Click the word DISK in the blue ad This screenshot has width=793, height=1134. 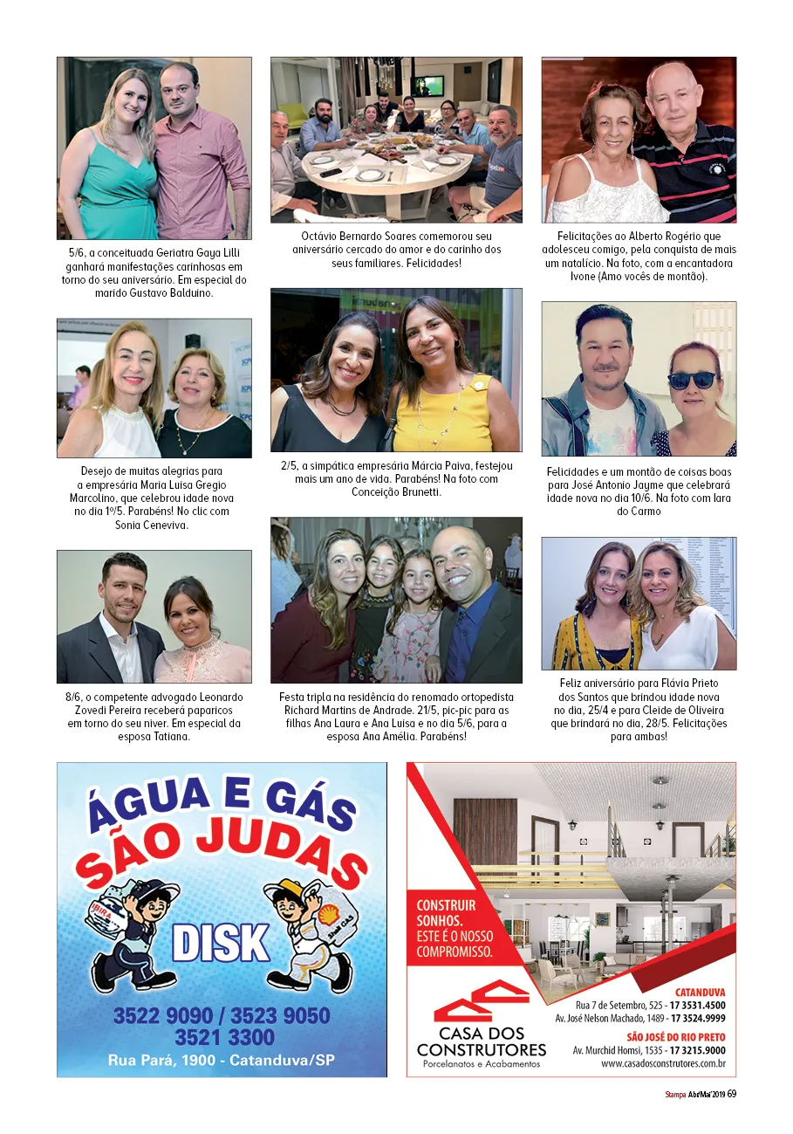(221, 942)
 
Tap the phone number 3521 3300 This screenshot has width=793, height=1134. (224, 1038)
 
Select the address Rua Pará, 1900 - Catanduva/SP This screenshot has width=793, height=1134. (222, 1061)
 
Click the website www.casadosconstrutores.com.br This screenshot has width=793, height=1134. (663, 1063)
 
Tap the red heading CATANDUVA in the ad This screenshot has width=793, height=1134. (701, 993)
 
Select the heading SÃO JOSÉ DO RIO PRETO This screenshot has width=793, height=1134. (675, 1037)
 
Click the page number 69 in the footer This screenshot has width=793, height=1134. (732, 1095)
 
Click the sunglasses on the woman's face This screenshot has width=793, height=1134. (692, 380)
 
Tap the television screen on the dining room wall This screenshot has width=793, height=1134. (427, 86)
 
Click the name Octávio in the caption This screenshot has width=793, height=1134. (319, 237)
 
